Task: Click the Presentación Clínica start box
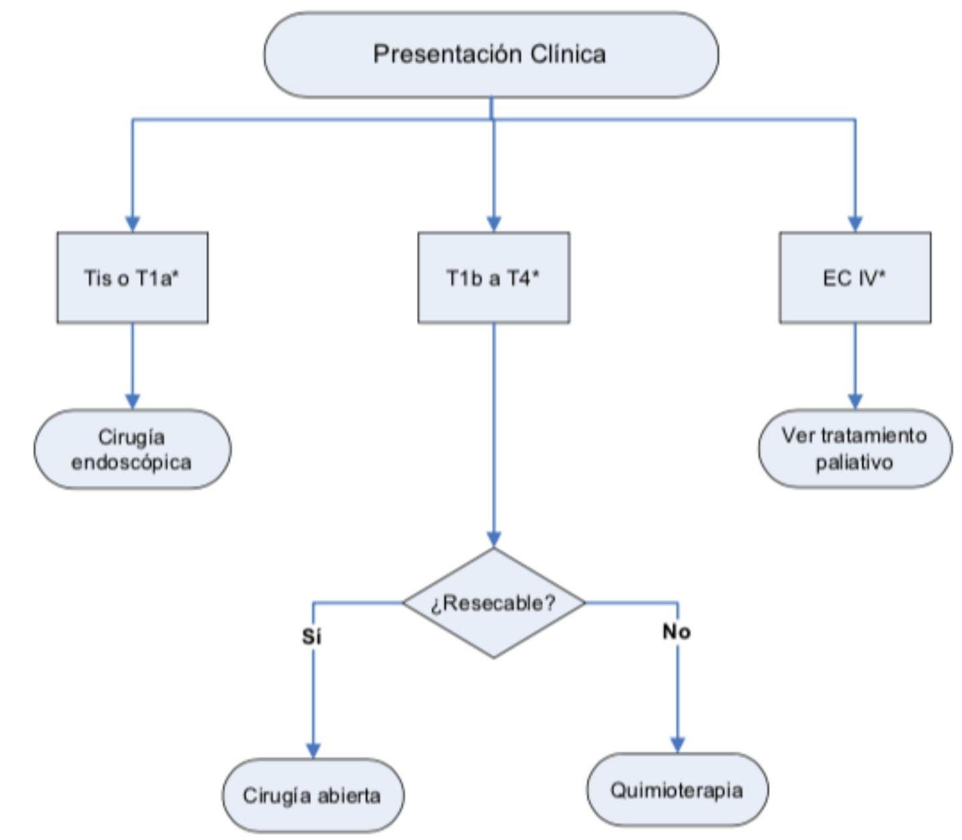point(491,55)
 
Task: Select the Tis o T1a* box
point(132,277)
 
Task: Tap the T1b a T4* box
point(494,277)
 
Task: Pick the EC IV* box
point(855,277)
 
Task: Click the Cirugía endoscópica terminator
point(132,449)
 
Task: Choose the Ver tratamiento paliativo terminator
point(855,449)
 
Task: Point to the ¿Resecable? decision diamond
point(494,603)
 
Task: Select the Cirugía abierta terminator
point(312,795)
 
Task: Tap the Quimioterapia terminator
point(677,791)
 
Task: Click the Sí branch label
point(312,637)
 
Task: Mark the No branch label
point(676,631)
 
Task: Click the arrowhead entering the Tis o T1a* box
point(132,224)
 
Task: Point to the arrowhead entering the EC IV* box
point(855,224)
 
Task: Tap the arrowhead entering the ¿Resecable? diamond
point(494,539)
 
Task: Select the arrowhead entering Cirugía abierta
point(313,750)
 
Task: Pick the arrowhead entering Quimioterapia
point(678,745)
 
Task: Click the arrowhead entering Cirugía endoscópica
point(132,401)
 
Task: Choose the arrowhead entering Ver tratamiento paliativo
point(855,401)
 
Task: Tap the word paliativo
point(854,462)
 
